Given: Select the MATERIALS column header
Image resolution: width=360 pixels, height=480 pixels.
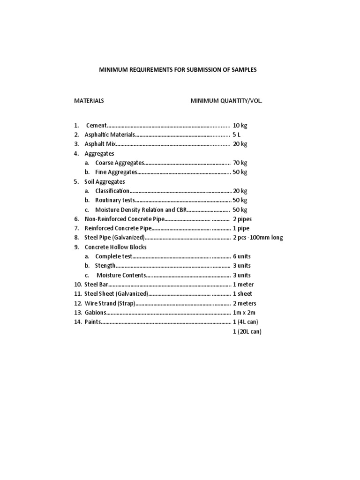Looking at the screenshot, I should pos(89,101).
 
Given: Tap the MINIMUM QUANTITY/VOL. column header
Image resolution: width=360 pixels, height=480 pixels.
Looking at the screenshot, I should pos(223,101).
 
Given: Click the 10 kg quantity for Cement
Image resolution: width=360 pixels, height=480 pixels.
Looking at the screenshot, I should pos(240,126).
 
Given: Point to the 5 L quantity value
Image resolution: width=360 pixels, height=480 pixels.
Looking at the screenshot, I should pos(237,135).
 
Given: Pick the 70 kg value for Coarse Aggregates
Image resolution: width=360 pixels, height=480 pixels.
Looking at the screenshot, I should pos(240,163).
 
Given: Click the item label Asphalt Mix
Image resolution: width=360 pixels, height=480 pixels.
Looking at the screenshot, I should pos(100,144).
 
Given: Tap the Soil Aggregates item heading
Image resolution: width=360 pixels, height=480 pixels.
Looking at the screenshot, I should pos(105,181).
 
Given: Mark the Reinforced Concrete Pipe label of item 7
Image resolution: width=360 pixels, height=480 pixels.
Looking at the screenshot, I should pos(118,228).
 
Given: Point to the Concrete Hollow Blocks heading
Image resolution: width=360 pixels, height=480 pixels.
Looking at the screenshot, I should pos(115,247).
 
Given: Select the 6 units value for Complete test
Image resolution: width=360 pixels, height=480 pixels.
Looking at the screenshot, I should pos(241,256).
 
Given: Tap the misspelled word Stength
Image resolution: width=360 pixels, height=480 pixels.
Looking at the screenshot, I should pos(105,266).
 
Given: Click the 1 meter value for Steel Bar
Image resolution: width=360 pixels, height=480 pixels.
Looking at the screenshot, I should pos(242,285).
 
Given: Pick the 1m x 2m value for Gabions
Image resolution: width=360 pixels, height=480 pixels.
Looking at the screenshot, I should pos(244,313).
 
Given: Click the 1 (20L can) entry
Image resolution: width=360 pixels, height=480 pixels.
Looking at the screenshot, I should pos(247,331).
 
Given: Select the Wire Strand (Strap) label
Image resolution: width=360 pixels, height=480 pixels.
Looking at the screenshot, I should pos(110,303).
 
